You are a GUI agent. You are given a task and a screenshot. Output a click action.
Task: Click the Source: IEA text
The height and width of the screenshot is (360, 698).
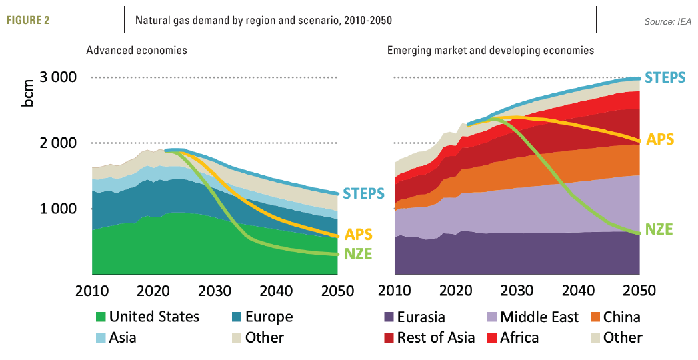[x=667, y=22]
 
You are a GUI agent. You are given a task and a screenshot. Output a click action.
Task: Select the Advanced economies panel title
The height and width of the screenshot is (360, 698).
[x=136, y=50]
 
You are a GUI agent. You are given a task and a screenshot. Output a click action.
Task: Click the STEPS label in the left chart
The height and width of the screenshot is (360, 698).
[x=363, y=194]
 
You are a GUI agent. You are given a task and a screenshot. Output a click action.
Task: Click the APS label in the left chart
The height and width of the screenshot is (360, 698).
[x=359, y=235]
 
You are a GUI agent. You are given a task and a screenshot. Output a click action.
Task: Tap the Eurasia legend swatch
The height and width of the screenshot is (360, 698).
[x=388, y=317]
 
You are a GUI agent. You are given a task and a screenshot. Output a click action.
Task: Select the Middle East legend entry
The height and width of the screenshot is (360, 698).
[x=539, y=317]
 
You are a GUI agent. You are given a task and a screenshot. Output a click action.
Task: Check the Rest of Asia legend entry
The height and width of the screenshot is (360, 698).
[x=436, y=337]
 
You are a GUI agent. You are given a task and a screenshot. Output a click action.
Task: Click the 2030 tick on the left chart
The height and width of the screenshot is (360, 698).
[x=215, y=291]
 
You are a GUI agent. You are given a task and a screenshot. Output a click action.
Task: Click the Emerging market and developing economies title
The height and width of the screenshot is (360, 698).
[x=490, y=50]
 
